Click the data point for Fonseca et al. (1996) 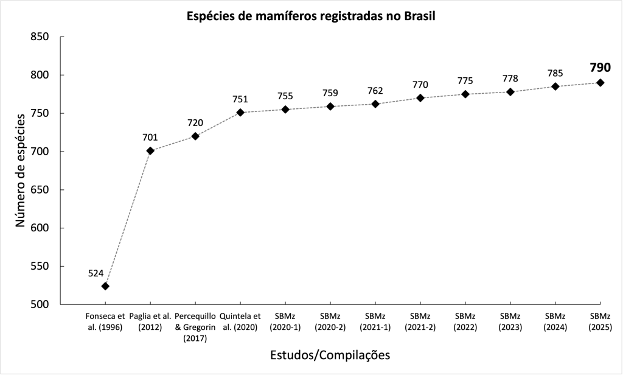coord(105,286)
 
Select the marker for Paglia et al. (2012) coord(150,150)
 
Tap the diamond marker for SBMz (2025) coord(600,83)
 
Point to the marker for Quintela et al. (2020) coord(240,113)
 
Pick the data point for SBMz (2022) coord(465,94)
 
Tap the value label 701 coord(150,137)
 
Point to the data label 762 coord(375,91)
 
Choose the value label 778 coord(510,79)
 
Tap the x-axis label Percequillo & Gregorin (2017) coord(195,328)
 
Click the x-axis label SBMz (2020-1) coord(285,322)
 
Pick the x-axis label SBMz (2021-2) coord(420,322)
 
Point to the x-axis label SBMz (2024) coord(555,322)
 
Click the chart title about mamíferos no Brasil coord(311,16)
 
